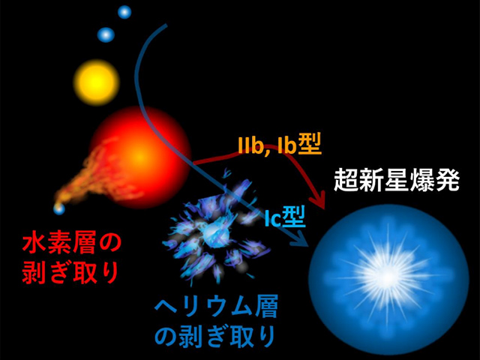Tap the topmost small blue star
coord(124,12)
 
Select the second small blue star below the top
coord(106,34)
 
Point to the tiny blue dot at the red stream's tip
coord(58,208)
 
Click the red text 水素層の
coord(71,243)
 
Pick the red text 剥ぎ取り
coord(71,271)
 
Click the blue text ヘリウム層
coord(203,307)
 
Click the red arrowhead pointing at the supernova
coord(321,201)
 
